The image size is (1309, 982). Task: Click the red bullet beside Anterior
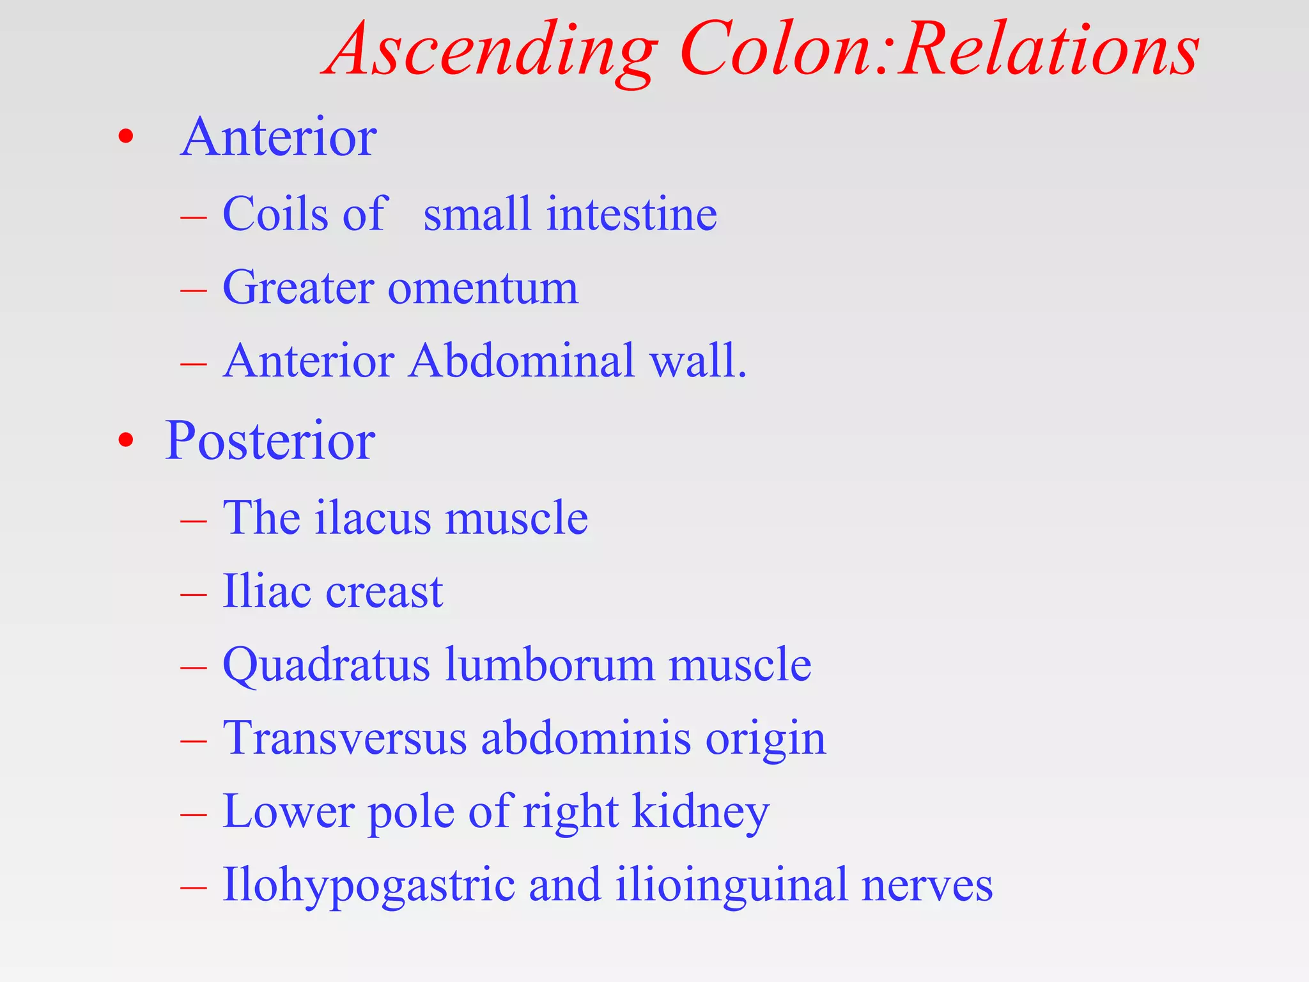point(127,136)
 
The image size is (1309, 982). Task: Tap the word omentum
point(483,288)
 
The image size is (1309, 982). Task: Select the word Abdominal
point(522,361)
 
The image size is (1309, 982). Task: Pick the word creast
point(384,591)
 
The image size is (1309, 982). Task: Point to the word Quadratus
point(326,666)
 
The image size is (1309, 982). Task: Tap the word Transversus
point(345,738)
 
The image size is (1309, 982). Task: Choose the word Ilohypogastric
point(369,886)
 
